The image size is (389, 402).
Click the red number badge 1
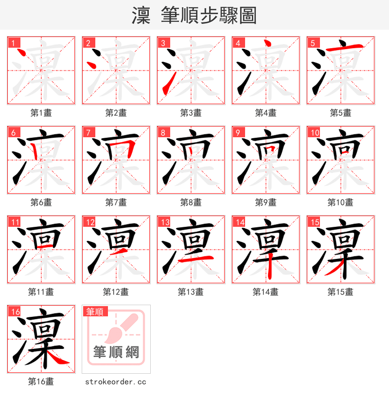(13, 43)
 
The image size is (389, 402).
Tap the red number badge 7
(88, 132)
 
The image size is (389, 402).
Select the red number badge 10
(315, 132)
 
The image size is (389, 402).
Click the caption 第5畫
(340, 113)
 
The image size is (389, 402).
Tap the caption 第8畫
(191, 202)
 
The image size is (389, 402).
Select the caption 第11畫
(41, 292)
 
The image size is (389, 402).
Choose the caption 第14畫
(265, 292)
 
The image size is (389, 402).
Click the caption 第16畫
(41, 382)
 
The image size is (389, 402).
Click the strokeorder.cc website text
(116, 382)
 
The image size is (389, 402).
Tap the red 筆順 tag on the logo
(95, 311)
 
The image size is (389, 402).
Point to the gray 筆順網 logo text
(116, 351)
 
